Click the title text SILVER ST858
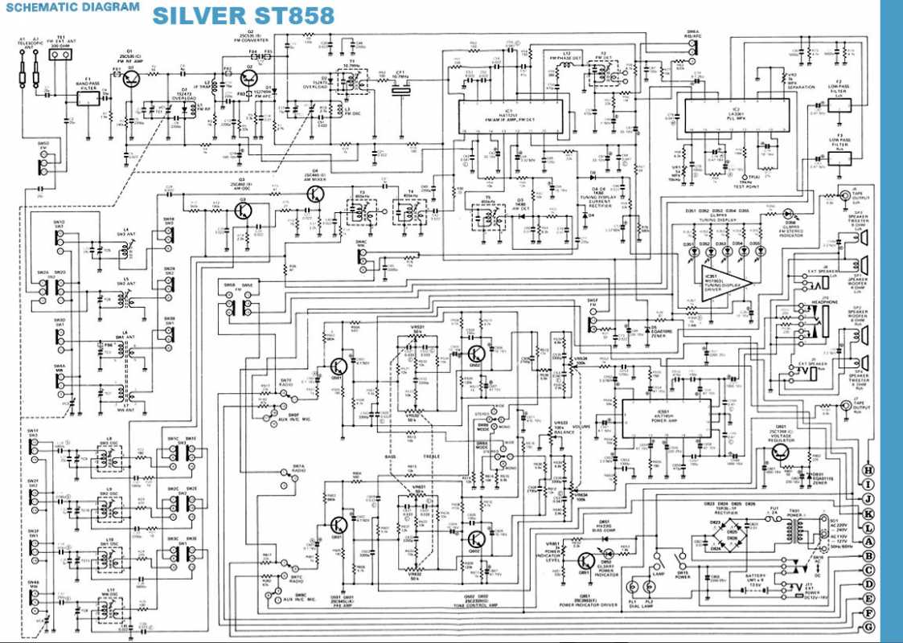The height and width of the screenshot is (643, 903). (x=230, y=16)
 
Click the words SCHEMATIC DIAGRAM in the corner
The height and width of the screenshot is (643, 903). (x=72, y=7)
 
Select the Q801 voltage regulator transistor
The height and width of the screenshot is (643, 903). (x=780, y=453)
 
